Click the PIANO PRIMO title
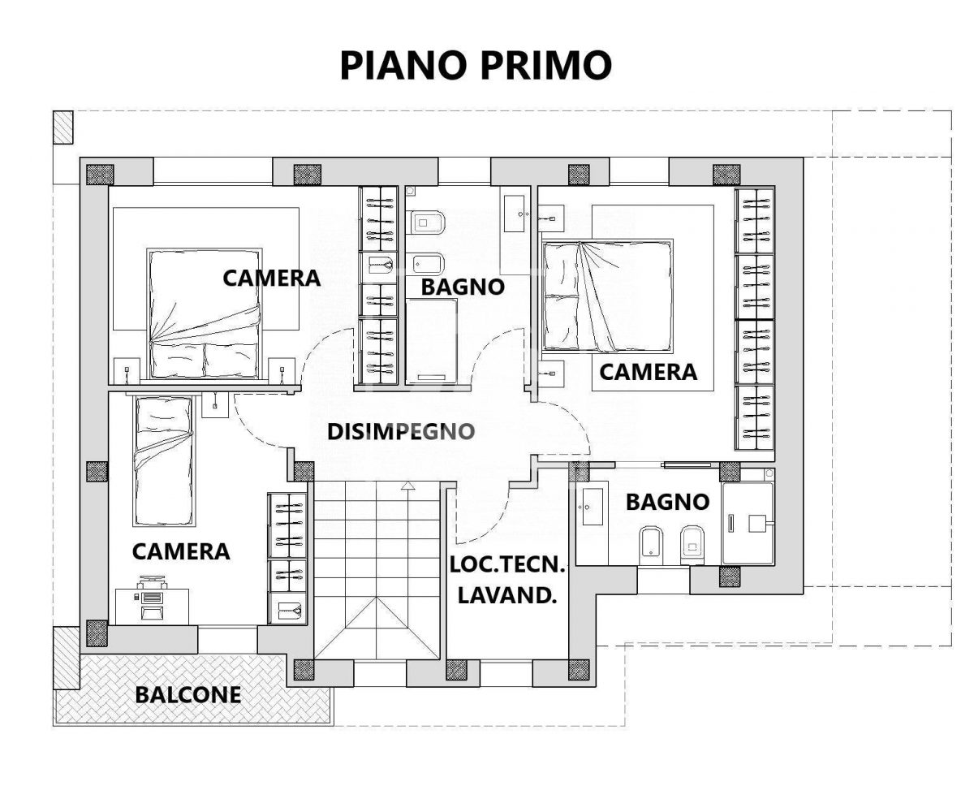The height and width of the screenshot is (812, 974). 476,66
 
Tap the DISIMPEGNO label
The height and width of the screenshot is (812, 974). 401,432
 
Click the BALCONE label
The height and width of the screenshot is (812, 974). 188,695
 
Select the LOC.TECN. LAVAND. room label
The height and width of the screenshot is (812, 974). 507,581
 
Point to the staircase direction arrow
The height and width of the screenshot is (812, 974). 408,555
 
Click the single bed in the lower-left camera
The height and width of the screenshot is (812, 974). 163,461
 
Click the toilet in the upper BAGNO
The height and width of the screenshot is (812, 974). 425,222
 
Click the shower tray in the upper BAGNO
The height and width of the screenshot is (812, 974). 431,341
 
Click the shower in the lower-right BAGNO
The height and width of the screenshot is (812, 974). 748,524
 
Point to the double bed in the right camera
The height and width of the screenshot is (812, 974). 607,296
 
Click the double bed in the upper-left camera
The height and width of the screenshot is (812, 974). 205,313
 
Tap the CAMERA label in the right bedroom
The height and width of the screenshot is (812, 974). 648,373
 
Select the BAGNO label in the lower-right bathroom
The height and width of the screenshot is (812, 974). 667,502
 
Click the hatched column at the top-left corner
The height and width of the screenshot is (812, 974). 62,127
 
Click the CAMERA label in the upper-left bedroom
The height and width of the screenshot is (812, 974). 271,279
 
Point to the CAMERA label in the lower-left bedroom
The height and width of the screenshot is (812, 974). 181,551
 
